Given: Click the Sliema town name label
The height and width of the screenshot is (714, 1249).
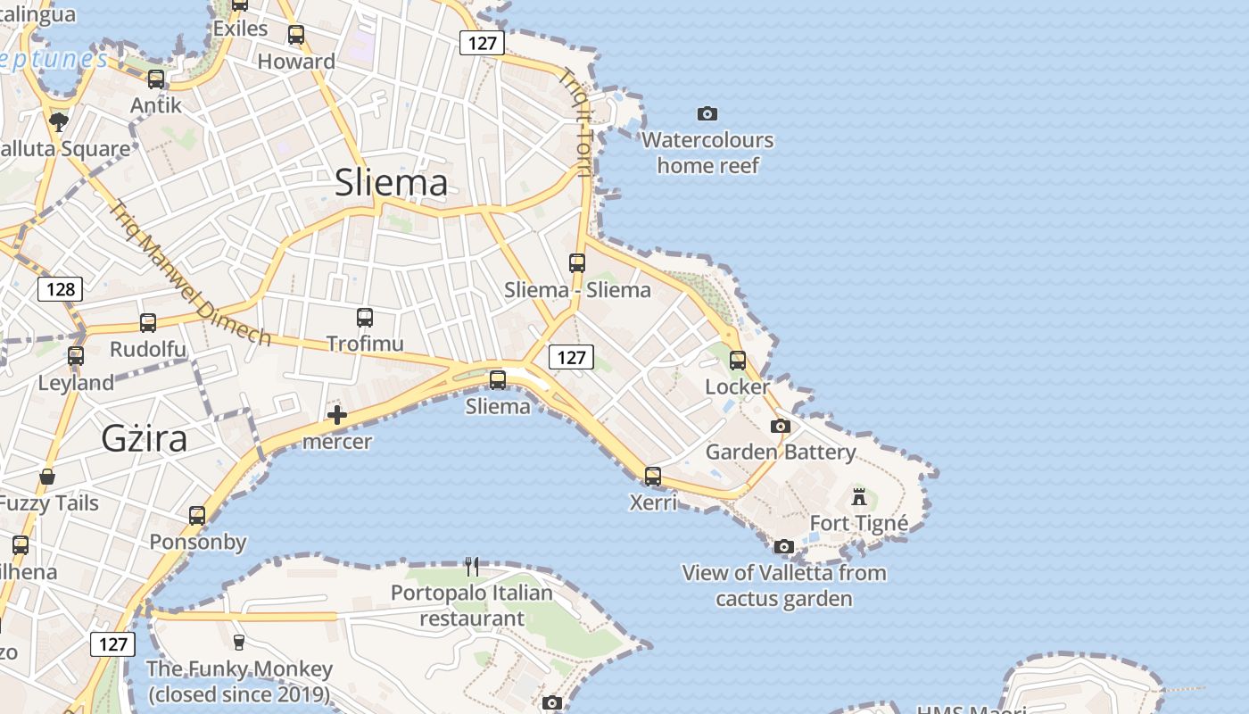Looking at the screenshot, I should (391, 183).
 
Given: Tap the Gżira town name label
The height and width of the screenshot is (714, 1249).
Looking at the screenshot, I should (145, 438).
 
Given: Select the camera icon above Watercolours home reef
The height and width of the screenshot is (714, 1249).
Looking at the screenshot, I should (707, 113).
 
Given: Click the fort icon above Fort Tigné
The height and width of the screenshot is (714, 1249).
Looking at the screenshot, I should (859, 496).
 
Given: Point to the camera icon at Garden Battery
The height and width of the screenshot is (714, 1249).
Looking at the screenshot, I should (781, 426).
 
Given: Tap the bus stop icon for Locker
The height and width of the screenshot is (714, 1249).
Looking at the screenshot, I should (738, 361).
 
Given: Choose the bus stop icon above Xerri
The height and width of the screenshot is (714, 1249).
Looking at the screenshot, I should (653, 476).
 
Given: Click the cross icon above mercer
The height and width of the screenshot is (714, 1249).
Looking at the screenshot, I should (337, 414).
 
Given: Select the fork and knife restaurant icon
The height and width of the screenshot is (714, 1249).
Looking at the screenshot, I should (472, 566).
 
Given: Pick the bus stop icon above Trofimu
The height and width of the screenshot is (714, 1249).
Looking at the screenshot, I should (365, 317).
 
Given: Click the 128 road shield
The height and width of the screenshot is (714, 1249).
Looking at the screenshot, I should (60, 289).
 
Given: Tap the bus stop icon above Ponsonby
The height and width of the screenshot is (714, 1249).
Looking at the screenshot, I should (197, 515).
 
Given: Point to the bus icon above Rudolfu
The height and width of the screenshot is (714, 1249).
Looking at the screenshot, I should (148, 322).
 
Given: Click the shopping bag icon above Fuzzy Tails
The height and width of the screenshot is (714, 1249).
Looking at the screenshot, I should (47, 477).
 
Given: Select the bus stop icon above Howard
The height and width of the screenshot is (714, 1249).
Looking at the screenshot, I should (296, 35).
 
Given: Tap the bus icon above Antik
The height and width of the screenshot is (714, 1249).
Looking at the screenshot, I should (156, 79).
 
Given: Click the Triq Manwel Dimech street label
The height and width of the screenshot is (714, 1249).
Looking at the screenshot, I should (189, 272).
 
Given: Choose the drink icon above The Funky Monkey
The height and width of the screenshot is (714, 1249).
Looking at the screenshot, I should (238, 641).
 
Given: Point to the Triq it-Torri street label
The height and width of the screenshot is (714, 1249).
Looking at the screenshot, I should (575, 123).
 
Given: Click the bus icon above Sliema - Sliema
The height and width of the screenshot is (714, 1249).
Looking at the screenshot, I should (577, 263).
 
